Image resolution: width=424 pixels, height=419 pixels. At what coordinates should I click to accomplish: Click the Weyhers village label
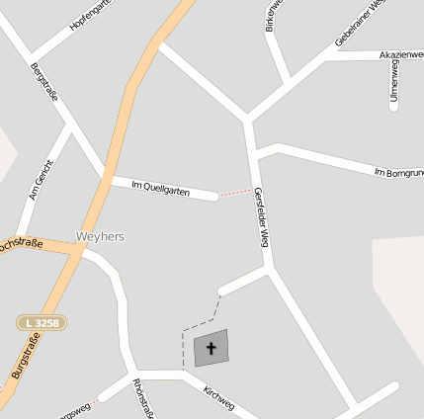tap(100, 237)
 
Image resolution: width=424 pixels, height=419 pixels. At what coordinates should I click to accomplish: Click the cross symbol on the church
tap(211, 348)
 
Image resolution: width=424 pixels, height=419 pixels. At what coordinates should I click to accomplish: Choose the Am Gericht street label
tap(40, 180)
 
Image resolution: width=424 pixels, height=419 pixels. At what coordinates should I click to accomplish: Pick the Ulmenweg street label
tap(393, 81)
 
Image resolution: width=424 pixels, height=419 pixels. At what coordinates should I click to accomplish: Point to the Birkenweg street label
tap(274, 16)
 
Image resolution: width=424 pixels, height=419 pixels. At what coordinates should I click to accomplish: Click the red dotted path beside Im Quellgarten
tap(234, 192)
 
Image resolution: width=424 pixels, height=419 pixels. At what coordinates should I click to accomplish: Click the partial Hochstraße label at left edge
tap(20, 243)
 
